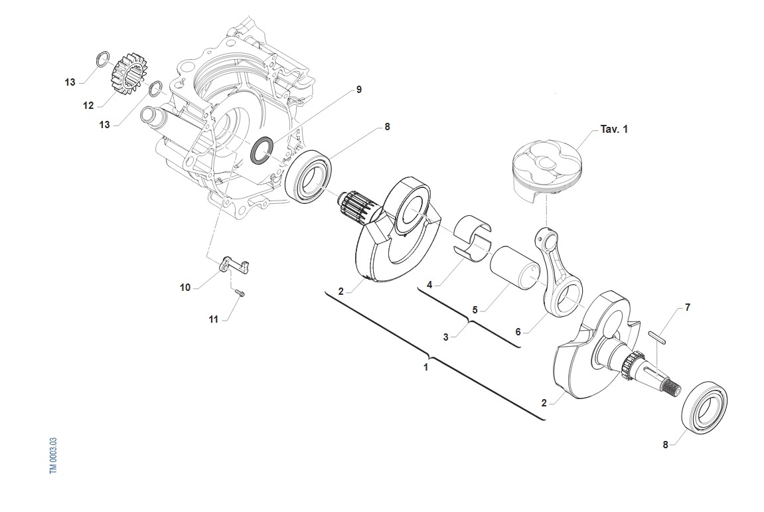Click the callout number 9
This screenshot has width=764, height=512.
[x=358, y=90]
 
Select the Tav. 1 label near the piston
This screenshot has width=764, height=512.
[x=613, y=129]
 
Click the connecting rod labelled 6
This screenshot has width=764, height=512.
[x=559, y=272]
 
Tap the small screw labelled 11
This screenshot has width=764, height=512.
[x=240, y=293]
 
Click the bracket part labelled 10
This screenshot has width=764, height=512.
[x=232, y=264]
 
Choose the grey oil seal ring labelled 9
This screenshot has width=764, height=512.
[x=260, y=151]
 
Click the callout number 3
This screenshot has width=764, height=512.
[x=446, y=337]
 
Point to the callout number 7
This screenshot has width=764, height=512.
[x=688, y=307]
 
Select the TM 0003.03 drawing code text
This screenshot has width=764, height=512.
[x=54, y=455]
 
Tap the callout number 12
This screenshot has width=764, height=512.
[x=89, y=105]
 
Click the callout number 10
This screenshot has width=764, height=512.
[x=185, y=288]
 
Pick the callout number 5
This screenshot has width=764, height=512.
[x=475, y=310]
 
